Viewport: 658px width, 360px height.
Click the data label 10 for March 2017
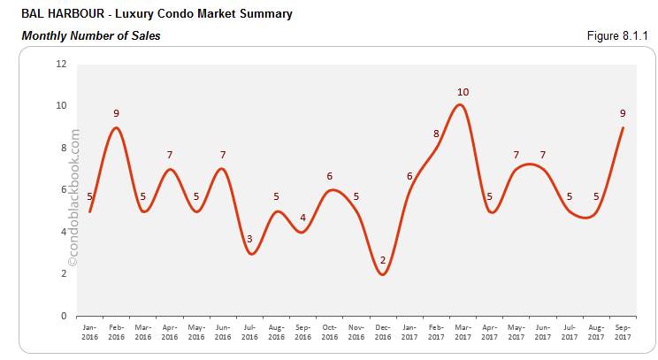(463, 92)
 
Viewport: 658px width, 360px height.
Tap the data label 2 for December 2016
(383, 260)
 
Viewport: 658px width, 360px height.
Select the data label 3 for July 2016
(249, 239)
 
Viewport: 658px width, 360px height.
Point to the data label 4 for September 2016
(302, 218)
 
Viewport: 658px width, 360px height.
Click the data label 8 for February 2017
(436, 134)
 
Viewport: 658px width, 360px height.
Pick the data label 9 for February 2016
(116, 113)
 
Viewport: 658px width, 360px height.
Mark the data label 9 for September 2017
(624, 113)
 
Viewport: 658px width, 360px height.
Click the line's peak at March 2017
(462, 105)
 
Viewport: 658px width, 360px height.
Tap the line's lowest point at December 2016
(382, 274)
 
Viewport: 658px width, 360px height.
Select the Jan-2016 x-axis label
(89, 332)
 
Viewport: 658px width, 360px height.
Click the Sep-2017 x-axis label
(624, 332)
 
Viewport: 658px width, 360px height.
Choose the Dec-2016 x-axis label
(383, 332)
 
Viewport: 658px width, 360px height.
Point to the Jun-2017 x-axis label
(543, 332)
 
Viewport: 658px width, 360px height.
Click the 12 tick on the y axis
(60, 64)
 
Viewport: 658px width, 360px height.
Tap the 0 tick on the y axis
(63, 316)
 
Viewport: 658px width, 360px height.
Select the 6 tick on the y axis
(63, 189)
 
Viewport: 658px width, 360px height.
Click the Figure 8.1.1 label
(616, 35)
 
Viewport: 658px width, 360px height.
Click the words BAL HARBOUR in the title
(51, 14)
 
